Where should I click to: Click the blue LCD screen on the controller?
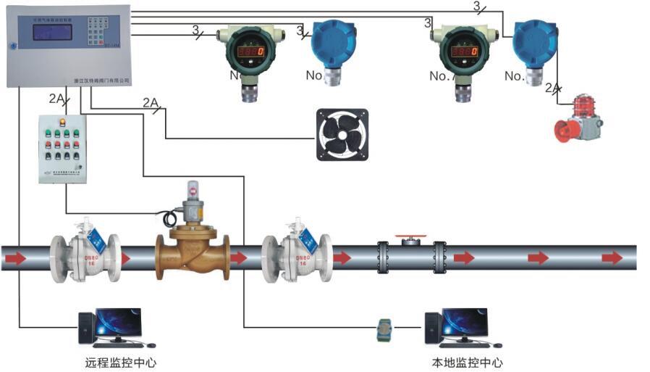48,34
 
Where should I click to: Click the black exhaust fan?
342,134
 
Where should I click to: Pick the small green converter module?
384,330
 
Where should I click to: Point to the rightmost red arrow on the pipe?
612,258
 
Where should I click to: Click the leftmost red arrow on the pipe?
15,258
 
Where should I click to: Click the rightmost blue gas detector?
536,44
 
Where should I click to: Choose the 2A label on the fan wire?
151,102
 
